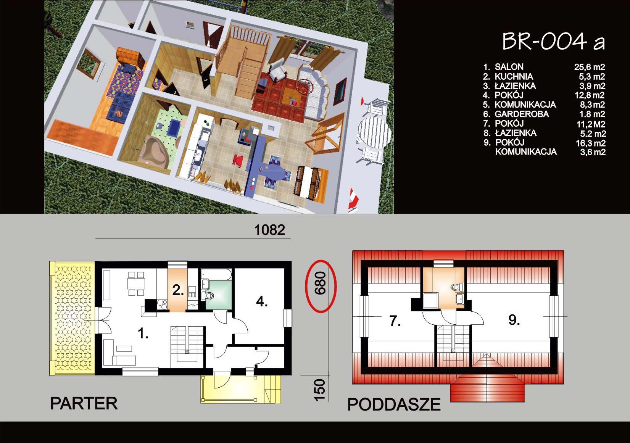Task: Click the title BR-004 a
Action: [x=553, y=42]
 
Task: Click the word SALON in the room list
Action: [x=509, y=67]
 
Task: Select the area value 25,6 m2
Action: [x=590, y=67]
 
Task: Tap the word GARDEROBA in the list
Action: [x=522, y=114]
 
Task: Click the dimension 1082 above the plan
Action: [x=269, y=230]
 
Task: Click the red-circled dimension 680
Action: [x=321, y=283]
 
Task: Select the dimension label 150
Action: [x=319, y=390]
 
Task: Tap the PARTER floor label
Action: [x=84, y=403]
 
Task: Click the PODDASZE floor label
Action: [x=394, y=404]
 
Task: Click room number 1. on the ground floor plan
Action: [x=143, y=333]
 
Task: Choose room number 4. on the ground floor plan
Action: [x=261, y=301]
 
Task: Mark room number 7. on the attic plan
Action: [x=395, y=321]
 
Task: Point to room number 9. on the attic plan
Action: [x=514, y=320]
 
